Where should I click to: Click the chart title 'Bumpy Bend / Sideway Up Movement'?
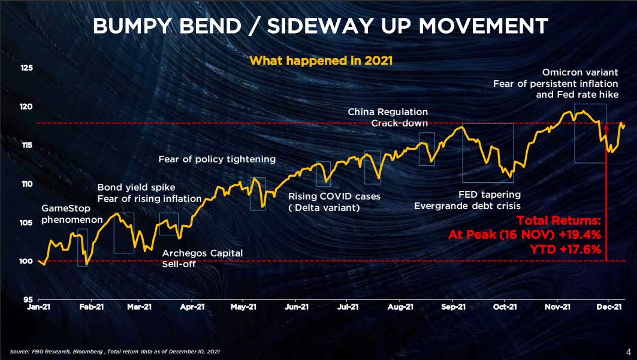coord(320,26)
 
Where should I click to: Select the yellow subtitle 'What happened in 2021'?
coord(321,60)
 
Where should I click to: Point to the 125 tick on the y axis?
coord(27,68)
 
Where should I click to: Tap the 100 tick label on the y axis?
coord(26,261)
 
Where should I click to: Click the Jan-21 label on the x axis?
coord(38,307)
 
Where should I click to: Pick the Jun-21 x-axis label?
coord(297,307)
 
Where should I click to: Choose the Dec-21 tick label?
coord(609,307)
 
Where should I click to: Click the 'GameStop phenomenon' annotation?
coord(72,214)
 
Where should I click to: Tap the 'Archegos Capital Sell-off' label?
coord(203,259)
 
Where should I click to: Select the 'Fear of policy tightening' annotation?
coord(217,159)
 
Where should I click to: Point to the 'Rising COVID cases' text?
coord(334,196)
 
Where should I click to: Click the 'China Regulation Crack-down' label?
coord(388,117)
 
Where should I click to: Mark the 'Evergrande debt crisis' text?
coord(467,206)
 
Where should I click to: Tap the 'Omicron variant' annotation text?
coord(580,72)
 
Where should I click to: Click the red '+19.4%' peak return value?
coord(579,234)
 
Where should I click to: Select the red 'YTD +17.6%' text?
coord(565,249)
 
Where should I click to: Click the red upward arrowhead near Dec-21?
coord(606,127)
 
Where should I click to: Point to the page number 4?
coord(628,352)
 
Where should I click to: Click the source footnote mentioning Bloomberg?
coord(115,352)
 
